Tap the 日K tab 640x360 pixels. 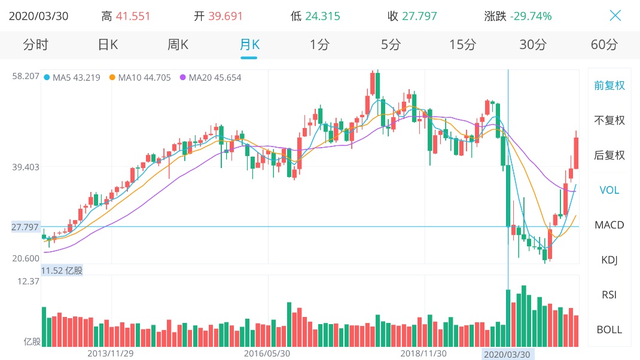coord(108,44)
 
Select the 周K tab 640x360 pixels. coord(178,44)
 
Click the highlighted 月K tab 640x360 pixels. coord(249,44)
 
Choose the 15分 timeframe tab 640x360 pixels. coord(462,44)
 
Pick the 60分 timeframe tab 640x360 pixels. coord(604,44)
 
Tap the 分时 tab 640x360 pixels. coord(35,44)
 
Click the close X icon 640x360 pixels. coord(615,16)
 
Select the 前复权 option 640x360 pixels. coord(609,86)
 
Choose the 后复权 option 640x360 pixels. coord(609,155)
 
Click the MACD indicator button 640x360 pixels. coord(609,225)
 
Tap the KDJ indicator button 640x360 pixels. coord(609,260)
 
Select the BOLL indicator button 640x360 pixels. coord(609,330)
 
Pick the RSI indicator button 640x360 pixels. coord(609,295)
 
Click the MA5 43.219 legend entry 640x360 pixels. coord(72,78)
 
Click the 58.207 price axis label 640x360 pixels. coord(26,76)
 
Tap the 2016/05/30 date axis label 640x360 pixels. coord(267,353)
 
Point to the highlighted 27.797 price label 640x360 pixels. coord(25,227)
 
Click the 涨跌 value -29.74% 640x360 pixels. coord(531,16)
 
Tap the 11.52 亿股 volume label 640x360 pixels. coord(62,271)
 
